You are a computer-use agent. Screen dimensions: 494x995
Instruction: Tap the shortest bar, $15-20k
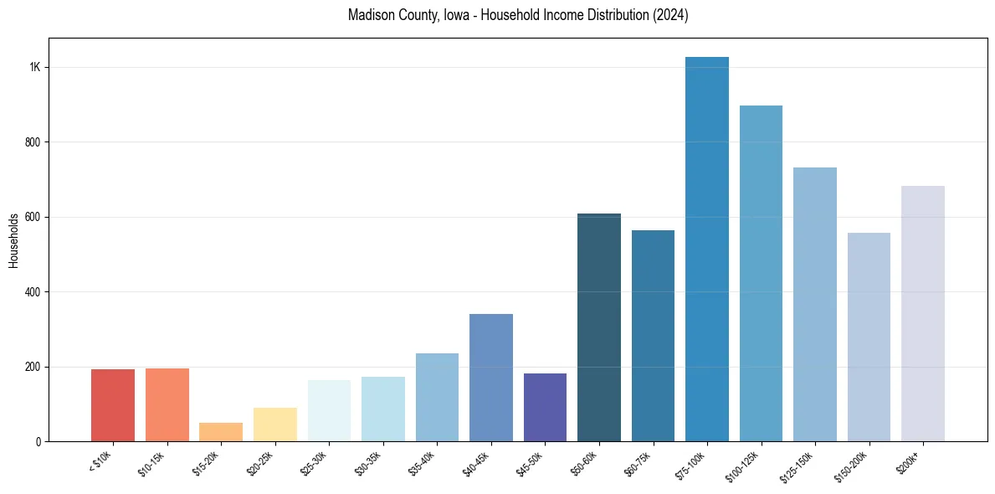tap(221, 432)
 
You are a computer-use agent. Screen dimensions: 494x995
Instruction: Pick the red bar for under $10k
tap(113, 405)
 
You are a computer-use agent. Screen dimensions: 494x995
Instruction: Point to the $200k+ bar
tap(923, 314)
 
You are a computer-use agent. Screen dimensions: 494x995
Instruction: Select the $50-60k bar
tap(599, 327)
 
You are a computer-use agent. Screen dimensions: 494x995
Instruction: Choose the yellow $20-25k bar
tap(275, 425)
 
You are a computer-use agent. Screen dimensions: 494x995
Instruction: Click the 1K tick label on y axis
tap(35, 68)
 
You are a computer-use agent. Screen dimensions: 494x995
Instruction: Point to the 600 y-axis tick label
tap(33, 217)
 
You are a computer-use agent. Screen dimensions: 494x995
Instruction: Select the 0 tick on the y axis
tap(38, 441)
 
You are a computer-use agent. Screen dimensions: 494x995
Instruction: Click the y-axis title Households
tap(13, 240)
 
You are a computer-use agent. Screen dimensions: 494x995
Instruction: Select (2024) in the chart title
tap(670, 15)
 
